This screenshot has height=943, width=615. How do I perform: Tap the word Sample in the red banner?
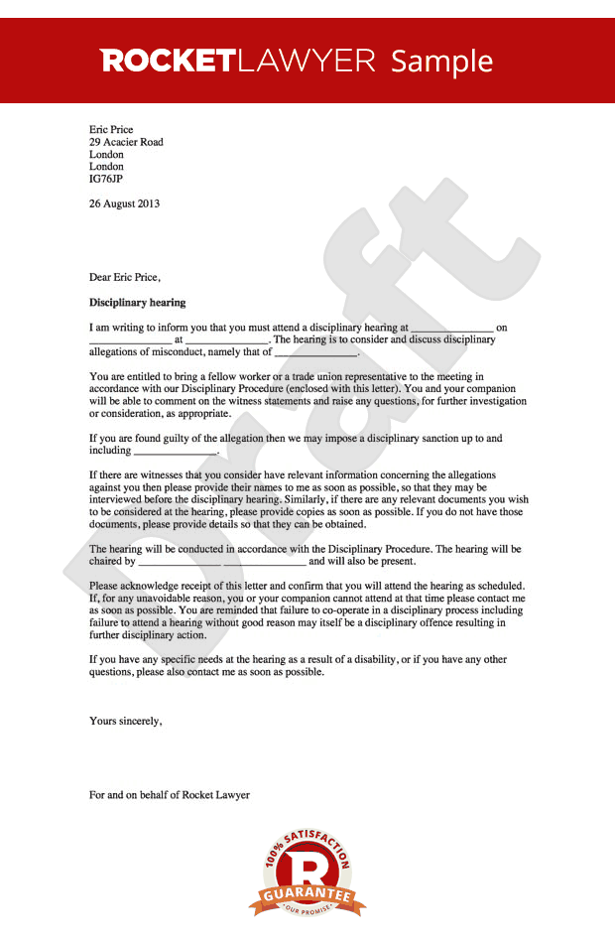[x=441, y=61]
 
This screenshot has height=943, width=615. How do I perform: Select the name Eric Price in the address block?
[x=111, y=130]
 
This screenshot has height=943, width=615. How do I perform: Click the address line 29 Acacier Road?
[x=126, y=142]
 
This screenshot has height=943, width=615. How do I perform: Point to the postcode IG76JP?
[x=106, y=180]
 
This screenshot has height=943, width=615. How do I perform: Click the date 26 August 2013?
[x=124, y=203]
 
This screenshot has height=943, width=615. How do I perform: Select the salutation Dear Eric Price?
[x=124, y=277]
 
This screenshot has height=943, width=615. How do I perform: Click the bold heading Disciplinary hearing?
[x=137, y=302]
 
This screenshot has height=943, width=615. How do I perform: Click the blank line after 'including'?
[x=174, y=451]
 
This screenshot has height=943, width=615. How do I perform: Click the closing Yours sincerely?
[x=125, y=722]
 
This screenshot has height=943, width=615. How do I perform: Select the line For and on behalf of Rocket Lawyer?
[x=170, y=795]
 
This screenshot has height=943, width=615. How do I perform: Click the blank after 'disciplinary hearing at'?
[x=451, y=328]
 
